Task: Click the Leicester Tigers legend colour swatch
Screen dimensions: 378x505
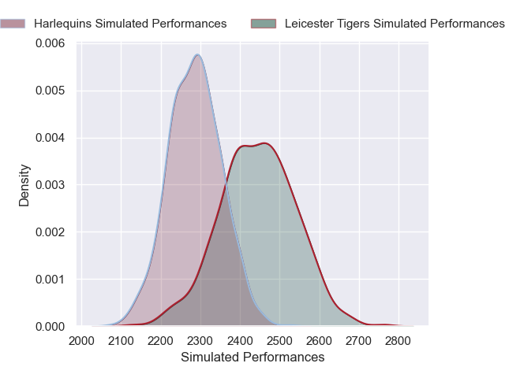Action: point(264,24)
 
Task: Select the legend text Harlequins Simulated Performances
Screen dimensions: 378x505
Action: point(130,24)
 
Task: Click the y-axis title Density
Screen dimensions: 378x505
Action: point(24,185)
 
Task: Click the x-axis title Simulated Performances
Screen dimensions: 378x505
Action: point(252,357)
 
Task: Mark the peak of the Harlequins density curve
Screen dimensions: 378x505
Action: point(197,55)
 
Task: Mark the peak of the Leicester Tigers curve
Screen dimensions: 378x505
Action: point(265,143)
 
